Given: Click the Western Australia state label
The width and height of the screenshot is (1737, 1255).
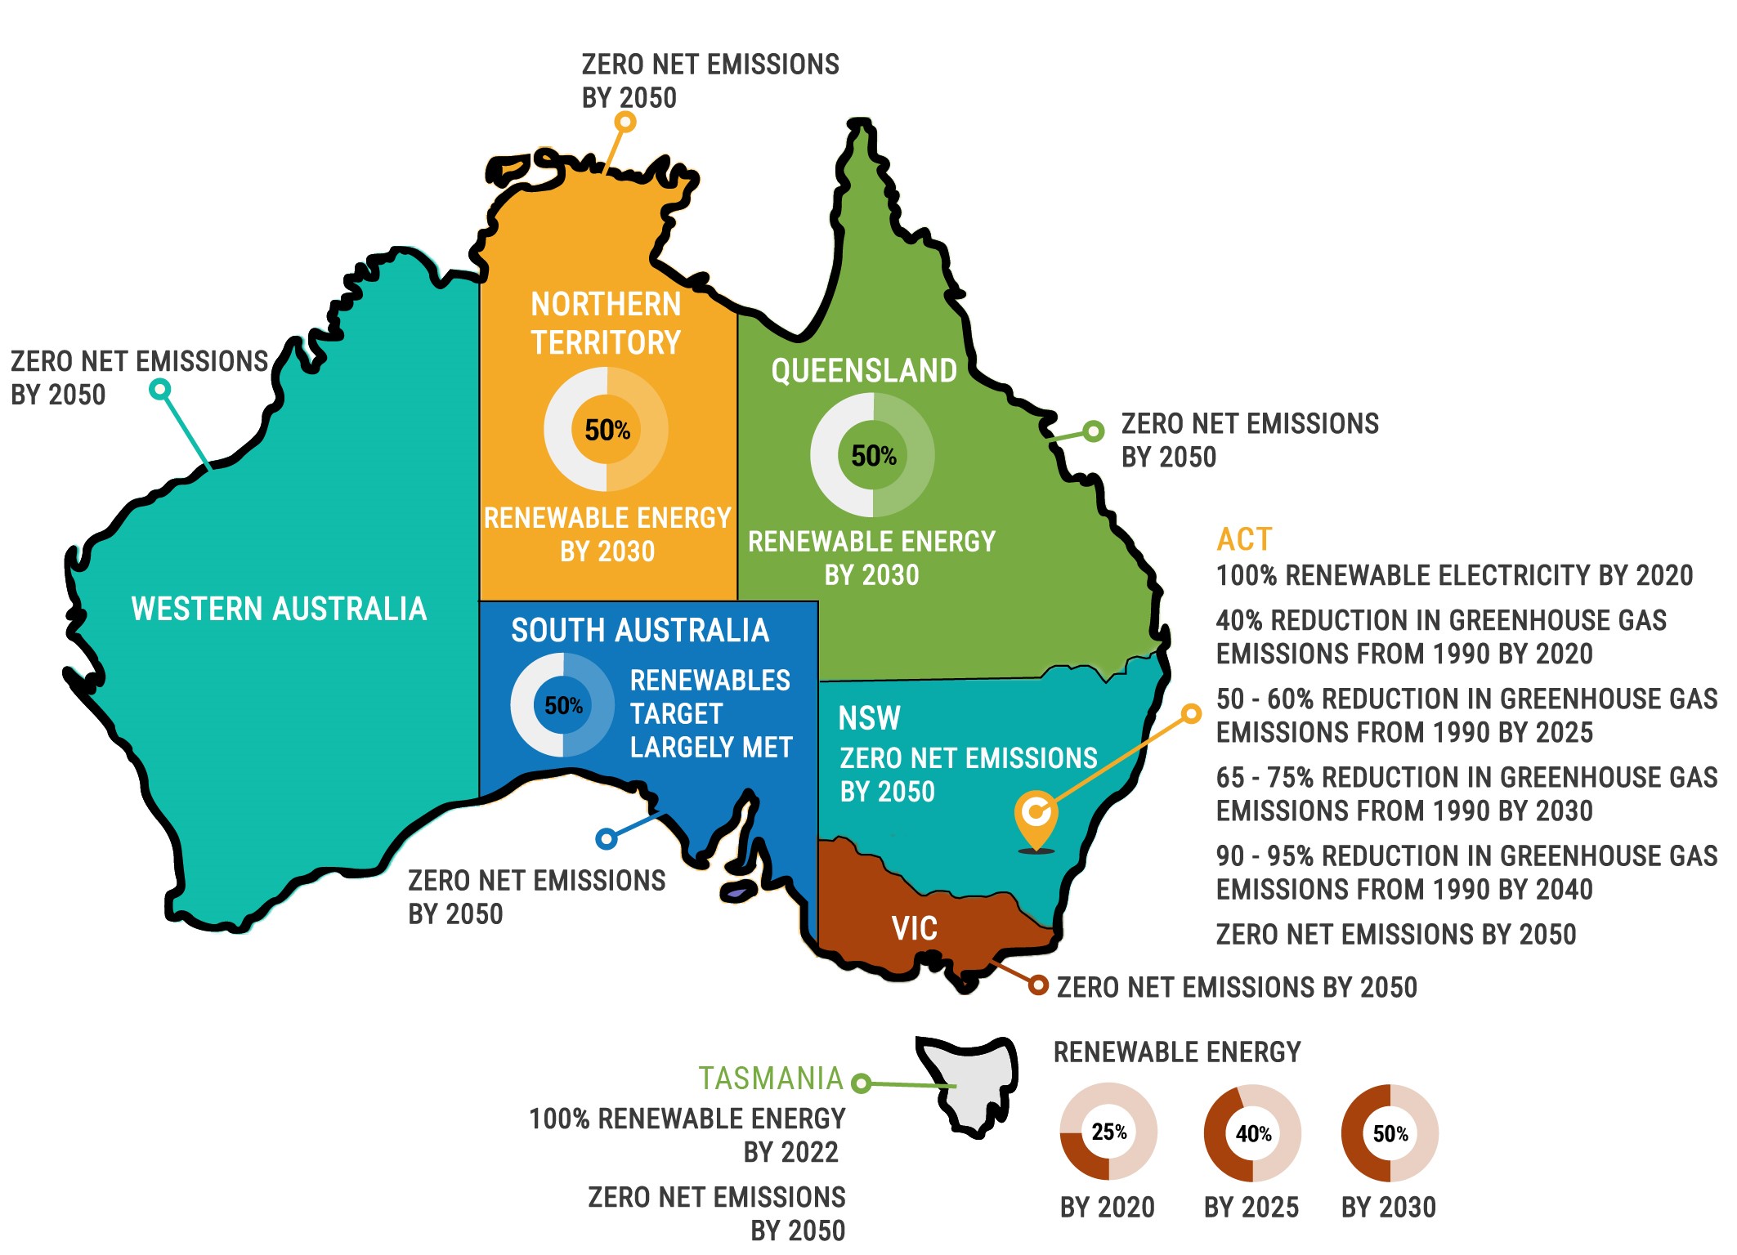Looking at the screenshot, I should (279, 610).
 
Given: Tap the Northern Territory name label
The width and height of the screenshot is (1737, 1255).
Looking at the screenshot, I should (606, 324).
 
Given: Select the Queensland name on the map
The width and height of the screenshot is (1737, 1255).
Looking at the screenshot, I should (864, 371).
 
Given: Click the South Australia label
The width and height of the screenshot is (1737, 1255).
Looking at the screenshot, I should (640, 631).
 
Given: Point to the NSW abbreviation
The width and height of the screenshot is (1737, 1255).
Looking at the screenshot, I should (869, 719).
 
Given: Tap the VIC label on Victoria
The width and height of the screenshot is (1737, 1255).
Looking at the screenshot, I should (914, 929).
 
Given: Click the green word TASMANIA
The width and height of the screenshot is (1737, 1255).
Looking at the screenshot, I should (770, 1079).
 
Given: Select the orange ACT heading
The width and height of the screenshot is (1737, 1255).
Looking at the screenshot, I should (1244, 539).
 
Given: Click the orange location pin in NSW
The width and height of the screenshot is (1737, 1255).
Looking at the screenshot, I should (1036, 818).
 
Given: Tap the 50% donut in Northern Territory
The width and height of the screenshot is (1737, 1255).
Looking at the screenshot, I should (607, 430).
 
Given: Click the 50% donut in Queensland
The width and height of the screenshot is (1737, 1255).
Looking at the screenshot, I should (873, 455).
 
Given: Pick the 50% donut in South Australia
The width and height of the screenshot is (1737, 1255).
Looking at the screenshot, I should (563, 705).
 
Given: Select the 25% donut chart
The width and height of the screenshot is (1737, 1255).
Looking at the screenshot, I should (1108, 1132).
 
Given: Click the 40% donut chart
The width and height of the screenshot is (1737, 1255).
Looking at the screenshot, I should (1252, 1133).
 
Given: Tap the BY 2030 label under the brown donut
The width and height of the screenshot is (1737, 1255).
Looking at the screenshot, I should (1388, 1208).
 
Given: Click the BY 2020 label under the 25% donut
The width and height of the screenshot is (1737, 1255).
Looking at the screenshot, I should (1107, 1208).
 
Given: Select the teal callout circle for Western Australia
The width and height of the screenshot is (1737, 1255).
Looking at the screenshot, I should (160, 389).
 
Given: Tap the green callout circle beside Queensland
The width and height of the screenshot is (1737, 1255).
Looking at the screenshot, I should (1093, 431).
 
